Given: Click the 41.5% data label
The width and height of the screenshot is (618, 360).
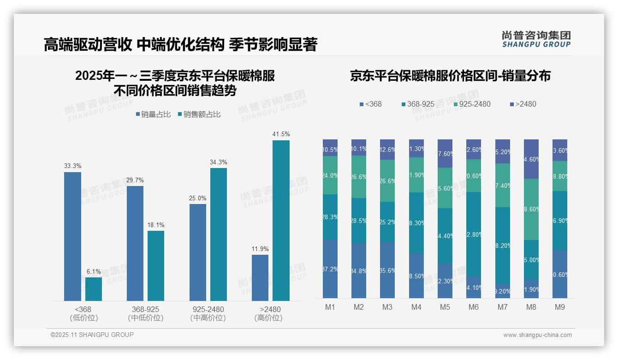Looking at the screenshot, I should pyautogui.click(x=281, y=134).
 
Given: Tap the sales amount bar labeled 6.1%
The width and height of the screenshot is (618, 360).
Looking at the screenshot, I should pyautogui.click(x=94, y=289).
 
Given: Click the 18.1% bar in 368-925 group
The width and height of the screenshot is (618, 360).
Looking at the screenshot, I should pyautogui.click(x=156, y=266).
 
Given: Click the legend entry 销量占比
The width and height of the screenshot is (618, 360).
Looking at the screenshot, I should pyautogui.click(x=154, y=114).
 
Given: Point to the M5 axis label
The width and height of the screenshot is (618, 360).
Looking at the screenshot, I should pyautogui.click(x=445, y=307).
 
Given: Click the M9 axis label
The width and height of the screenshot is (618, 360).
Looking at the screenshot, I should pyautogui.click(x=559, y=307).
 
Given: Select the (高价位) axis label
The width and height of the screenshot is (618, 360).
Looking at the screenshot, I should pyautogui.click(x=268, y=318).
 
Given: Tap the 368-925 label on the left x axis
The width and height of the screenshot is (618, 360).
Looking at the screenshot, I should pyautogui.click(x=146, y=309).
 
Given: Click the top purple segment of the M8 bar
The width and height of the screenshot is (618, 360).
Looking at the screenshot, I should pyautogui.click(x=531, y=159).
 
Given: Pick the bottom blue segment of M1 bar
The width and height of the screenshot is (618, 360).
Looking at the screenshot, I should pyautogui.click(x=330, y=269).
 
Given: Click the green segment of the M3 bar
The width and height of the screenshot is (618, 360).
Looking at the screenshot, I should pyautogui.click(x=387, y=180).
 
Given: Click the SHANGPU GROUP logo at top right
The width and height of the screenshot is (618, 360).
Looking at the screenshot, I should pyautogui.click(x=536, y=39).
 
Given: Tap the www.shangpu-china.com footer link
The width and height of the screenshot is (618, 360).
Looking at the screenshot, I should pyautogui.click(x=537, y=335).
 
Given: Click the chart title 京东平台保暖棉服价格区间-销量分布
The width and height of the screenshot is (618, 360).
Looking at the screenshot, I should pyautogui.click(x=450, y=76).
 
